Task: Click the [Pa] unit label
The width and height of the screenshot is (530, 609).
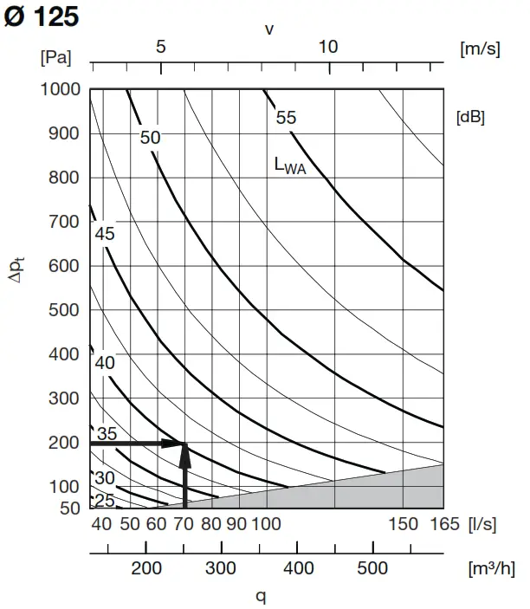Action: tap(55, 57)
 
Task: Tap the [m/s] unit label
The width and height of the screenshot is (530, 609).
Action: tap(479, 49)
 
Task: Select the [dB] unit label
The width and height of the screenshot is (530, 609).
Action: tap(470, 117)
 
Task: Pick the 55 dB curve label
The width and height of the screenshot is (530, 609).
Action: tap(286, 118)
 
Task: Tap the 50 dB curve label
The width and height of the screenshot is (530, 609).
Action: tap(150, 137)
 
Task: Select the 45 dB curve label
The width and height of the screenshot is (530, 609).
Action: tap(105, 233)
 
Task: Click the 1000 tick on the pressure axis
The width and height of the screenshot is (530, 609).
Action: tap(60, 88)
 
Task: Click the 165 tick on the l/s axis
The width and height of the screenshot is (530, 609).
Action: tap(443, 523)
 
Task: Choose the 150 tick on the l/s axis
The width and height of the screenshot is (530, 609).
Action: tap(403, 523)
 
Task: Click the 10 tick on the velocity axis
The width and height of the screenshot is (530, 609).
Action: tap(327, 47)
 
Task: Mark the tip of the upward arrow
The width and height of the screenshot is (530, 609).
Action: tap(184, 444)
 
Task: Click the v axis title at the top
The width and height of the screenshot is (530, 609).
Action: tap(269, 29)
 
